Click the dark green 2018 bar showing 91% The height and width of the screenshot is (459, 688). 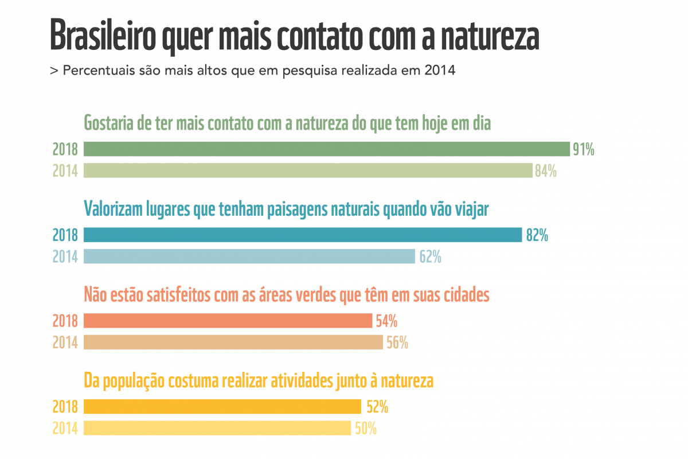(327, 149)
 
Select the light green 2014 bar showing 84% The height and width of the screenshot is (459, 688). (308, 170)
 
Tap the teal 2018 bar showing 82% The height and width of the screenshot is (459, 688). (303, 235)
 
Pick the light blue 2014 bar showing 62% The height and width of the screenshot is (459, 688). (249, 256)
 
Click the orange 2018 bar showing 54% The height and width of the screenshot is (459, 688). (228, 320)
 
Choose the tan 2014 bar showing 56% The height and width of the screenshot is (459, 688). (233, 342)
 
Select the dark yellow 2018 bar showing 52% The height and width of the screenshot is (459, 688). (222, 407)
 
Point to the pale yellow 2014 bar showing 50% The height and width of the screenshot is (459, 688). (217, 428)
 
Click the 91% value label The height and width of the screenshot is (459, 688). (583, 150)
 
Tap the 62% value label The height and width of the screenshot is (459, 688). (430, 256)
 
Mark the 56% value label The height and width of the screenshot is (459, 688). (397, 343)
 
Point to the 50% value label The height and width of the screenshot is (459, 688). (365, 429)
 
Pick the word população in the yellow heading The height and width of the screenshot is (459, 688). (134, 381)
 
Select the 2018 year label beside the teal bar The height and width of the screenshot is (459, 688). (65, 235)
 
